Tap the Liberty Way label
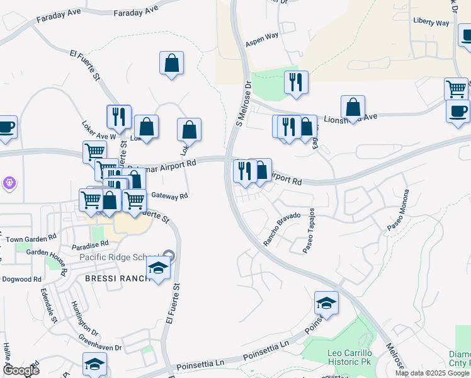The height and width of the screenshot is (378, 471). [431, 22]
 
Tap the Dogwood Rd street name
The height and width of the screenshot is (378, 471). [21, 279]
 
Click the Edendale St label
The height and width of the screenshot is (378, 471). [47, 306]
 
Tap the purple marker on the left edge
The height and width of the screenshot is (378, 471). [9, 183]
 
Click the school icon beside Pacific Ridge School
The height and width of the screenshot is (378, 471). [158, 269]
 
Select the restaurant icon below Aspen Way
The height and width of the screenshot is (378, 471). [295, 82]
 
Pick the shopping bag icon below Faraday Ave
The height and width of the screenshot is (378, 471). [171, 63]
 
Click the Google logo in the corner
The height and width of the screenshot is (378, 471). [21, 370]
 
